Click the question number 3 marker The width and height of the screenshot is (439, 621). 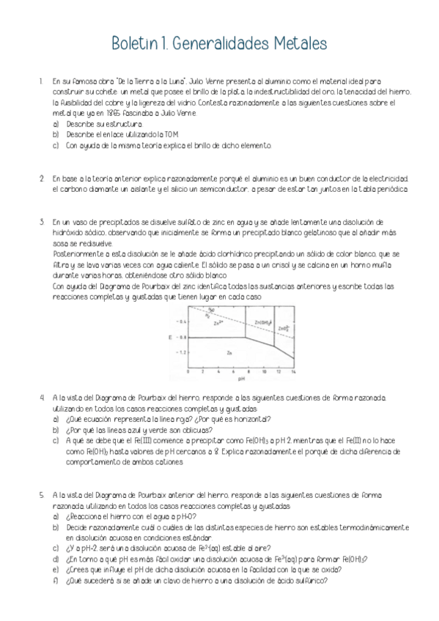tap(42, 220)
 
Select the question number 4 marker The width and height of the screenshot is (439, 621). tap(42, 397)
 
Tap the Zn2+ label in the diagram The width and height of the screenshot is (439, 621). tap(217, 321)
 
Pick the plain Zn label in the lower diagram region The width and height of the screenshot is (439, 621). tap(229, 353)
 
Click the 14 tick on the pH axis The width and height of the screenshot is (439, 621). tap(292, 371)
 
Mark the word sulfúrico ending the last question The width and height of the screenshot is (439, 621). tap(310, 581)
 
